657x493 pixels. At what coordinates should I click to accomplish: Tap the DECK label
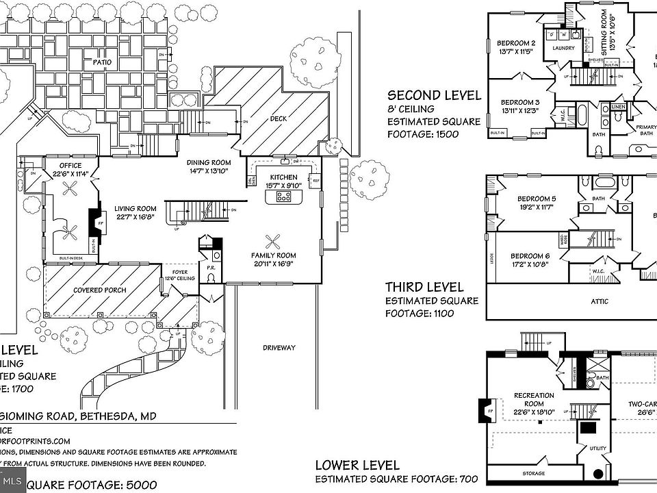[x=279, y=118]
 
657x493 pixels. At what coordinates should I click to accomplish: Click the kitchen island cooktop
[x=283, y=197]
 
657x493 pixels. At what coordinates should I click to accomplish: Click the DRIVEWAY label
[x=279, y=348]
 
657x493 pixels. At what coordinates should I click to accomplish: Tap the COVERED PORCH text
[x=100, y=290]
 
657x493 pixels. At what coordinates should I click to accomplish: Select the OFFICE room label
[x=70, y=166]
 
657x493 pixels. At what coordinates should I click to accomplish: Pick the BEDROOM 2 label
[x=517, y=42]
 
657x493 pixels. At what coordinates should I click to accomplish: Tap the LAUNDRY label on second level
[x=563, y=48]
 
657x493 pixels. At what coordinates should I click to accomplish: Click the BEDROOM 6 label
[x=530, y=255]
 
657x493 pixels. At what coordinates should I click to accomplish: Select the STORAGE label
[x=534, y=474]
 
